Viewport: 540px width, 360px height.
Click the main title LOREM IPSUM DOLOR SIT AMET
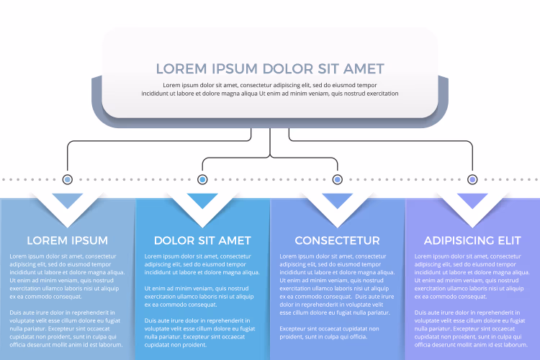point(270,69)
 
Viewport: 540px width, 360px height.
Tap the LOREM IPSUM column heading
point(68,240)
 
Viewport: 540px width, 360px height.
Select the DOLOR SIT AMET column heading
point(202,240)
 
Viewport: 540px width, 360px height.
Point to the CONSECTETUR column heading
point(338,240)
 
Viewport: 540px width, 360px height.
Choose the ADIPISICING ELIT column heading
point(472,240)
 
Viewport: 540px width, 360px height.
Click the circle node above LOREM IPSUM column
point(68,179)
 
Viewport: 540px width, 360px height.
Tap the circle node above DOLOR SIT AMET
point(202,179)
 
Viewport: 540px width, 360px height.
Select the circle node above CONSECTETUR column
point(338,179)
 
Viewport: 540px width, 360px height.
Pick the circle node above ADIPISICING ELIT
point(472,179)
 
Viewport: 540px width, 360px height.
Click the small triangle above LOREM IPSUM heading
point(68,199)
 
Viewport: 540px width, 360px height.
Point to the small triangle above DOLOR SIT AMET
point(202,199)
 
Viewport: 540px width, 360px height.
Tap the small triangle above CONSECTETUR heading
point(338,199)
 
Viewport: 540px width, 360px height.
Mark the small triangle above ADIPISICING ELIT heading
point(472,199)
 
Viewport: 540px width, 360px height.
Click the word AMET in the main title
point(364,69)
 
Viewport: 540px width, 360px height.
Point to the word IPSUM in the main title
point(235,69)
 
